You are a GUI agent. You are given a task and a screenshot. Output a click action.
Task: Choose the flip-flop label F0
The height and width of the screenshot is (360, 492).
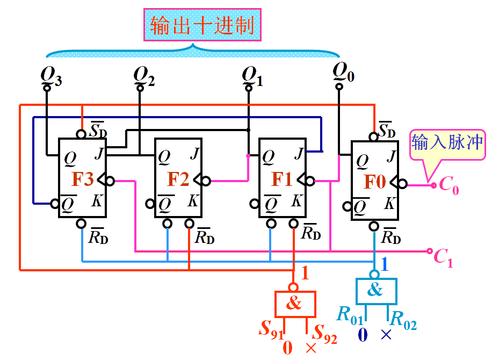coord(375,183)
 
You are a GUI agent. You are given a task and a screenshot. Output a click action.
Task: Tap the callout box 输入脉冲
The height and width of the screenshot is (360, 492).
coord(447,143)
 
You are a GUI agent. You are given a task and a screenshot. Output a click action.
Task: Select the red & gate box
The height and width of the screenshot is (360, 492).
coord(295,304)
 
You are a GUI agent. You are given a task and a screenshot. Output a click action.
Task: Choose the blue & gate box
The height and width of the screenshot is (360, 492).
coord(375,291)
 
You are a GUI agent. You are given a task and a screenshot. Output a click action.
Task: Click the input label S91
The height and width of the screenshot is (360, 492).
coord(271,329)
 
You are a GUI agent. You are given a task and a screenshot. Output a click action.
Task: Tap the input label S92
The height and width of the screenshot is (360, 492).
coord(325,334)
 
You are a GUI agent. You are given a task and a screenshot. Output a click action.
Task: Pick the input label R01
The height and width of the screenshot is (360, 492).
coord(350,316)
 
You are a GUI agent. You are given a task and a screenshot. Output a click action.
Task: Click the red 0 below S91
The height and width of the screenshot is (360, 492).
coord(287,348)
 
